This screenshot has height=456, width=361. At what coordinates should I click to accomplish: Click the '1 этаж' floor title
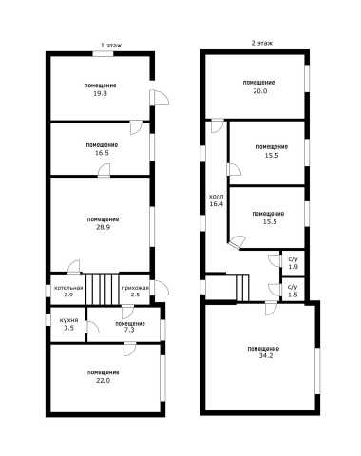[x=111, y=46]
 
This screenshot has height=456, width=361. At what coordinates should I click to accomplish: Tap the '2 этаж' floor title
[x=262, y=43]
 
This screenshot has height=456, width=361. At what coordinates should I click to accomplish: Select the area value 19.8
[x=100, y=93]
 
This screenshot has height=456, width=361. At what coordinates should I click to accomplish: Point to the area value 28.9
[x=104, y=227]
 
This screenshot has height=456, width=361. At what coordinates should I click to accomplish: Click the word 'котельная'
[x=68, y=288]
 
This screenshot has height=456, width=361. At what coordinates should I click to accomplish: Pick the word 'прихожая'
[x=135, y=288]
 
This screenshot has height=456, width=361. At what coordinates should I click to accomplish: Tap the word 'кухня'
[x=68, y=320]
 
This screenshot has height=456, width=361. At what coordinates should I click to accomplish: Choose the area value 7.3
[x=129, y=330]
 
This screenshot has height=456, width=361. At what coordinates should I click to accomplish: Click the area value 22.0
[x=103, y=380]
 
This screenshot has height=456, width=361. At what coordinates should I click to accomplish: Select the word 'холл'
[x=216, y=197]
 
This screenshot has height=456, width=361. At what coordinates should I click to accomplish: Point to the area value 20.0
[x=259, y=91]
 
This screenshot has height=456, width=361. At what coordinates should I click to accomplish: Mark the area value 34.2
[x=265, y=355]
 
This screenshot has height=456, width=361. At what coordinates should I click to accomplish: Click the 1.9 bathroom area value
[x=293, y=267]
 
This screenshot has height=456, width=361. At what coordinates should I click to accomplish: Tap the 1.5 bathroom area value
[x=293, y=294]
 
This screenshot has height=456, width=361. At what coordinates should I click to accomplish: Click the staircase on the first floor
[x=103, y=289]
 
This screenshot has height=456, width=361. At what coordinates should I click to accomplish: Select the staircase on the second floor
[x=243, y=288]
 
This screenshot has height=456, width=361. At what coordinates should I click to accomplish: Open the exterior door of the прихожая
[x=159, y=288]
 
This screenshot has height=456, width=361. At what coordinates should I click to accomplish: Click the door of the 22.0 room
[x=129, y=349]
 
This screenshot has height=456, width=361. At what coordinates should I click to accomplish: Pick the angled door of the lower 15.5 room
[x=237, y=242]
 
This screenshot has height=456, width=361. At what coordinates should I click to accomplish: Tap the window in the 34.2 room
[x=317, y=370]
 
